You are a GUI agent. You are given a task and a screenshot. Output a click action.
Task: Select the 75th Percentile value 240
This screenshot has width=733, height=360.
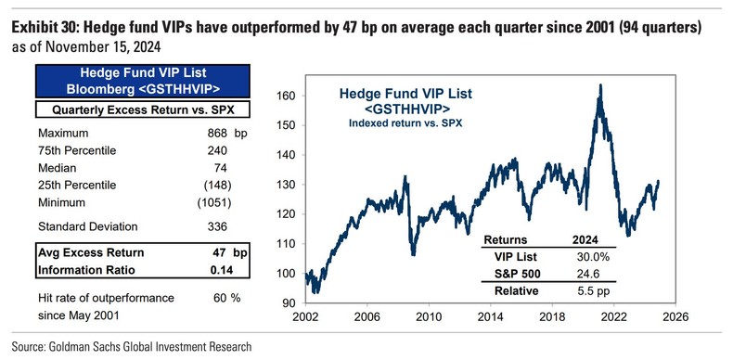(x=216, y=150)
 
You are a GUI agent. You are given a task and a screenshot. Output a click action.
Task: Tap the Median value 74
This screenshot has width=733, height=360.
(x=221, y=168)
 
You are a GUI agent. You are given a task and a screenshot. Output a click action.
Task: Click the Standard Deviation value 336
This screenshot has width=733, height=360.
(x=216, y=226)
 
